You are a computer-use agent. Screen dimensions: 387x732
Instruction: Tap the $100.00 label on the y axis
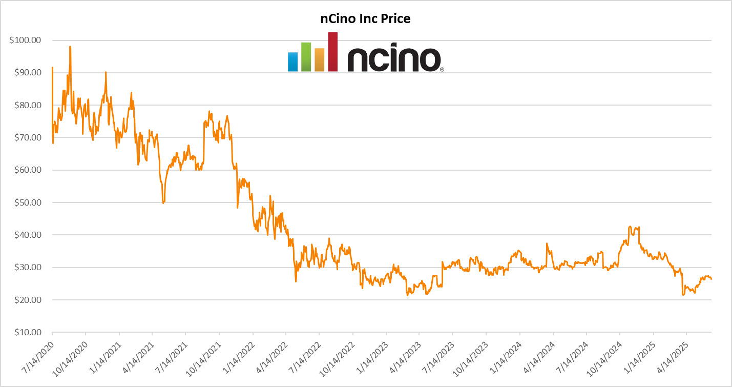pos(25,40)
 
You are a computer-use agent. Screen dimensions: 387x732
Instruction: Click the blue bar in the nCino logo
pos(292,62)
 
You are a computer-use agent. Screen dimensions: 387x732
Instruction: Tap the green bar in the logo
pos(306,56)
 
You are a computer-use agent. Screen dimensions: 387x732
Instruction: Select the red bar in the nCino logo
pos(333,51)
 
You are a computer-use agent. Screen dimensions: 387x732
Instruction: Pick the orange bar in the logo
pos(320,59)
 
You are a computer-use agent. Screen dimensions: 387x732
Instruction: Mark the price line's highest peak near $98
pos(70,47)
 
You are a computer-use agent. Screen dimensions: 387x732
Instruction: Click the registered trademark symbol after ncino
pos(442,69)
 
